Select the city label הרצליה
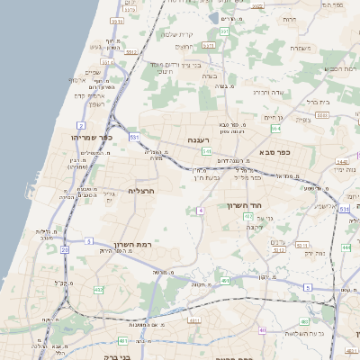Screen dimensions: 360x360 tap(143, 191)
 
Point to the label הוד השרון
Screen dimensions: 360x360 tap(269, 205)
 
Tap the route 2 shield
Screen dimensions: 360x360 tap(81, 125)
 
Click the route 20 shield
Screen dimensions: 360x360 tap(64, 248)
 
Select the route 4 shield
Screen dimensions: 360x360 tap(201, 210)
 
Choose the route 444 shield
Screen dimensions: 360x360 tap(346, 247)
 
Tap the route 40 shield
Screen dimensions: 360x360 tap(262, 330)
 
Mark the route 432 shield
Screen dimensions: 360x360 tap(97, 289)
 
